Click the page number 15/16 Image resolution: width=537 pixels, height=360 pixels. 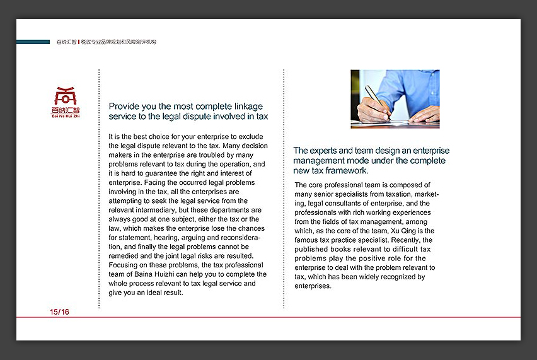click(60, 312)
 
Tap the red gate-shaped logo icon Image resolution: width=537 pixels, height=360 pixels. click(66, 96)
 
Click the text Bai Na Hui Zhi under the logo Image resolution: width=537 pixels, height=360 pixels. click(66, 116)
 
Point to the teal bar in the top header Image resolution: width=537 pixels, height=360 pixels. click(33, 42)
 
